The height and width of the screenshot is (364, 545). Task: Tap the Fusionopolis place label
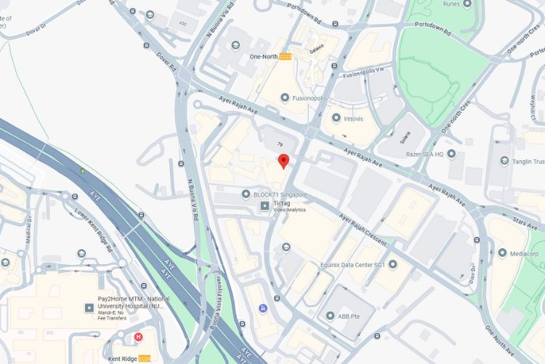click(309, 98)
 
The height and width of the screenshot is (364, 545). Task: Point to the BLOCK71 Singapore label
click(280, 195)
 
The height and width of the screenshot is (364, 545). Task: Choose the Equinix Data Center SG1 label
click(352, 264)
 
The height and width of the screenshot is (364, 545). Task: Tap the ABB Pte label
click(350, 317)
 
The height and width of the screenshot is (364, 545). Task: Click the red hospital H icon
click(138, 337)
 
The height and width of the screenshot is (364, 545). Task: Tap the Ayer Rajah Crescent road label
click(364, 230)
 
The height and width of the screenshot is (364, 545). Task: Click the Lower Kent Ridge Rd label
click(94, 230)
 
